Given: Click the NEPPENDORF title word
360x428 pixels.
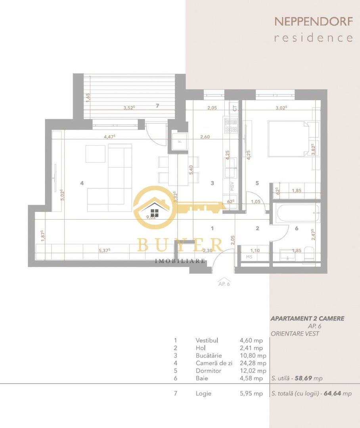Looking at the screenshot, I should (x=313, y=21).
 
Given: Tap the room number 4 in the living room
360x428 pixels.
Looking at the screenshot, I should (x=82, y=183).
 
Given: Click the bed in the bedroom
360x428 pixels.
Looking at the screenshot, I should (x=289, y=138).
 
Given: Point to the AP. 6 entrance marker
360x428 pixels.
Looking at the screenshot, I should (x=224, y=283).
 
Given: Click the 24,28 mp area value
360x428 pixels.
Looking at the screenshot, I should (x=253, y=363).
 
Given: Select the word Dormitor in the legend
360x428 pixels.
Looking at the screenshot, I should (x=208, y=371).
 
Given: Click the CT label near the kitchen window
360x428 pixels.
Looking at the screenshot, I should (x=235, y=108).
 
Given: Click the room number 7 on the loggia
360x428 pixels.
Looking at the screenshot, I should (x=157, y=105).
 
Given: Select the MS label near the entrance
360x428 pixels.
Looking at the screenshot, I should (x=249, y=257).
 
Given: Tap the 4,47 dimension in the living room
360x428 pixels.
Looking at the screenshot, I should (x=109, y=136).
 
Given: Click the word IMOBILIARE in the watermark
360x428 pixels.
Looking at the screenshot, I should (x=180, y=261).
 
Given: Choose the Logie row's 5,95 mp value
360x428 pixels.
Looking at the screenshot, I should (x=251, y=394).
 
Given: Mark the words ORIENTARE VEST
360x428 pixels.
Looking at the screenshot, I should (x=295, y=334).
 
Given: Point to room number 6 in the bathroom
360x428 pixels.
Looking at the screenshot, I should (x=296, y=228).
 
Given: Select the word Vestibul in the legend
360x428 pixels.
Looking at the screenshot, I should (x=207, y=340).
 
